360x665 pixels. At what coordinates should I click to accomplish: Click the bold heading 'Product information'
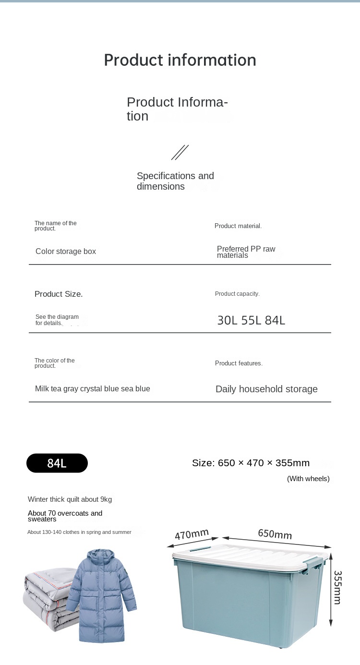click(x=180, y=60)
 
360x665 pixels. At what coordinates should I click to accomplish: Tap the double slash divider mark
click(x=180, y=153)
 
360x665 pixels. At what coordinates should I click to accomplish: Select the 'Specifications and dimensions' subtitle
click(x=175, y=181)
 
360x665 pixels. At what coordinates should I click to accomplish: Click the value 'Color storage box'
click(x=66, y=252)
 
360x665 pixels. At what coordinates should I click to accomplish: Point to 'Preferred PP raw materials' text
click(x=246, y=252)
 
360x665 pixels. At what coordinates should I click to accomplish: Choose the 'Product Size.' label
click(x=59, y=294)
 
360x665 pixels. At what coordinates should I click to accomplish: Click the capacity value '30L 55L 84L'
click(x=251, y=320)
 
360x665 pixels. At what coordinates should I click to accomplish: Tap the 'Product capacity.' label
click(x=237, y=294)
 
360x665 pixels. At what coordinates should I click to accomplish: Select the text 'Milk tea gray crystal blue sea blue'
click(x=93, y=389)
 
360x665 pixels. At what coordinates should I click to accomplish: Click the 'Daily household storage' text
click(x=266, y=389)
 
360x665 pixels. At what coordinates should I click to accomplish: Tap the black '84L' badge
click(x=57, y=463)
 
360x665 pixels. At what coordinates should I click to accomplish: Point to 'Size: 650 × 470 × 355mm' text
click(x=251, y=463)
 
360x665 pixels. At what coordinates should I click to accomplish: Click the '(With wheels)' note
click(x=308, y=479)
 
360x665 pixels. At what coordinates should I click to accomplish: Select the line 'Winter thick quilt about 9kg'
click(x=70, y=499)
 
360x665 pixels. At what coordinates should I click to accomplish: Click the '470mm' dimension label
click(x=192, y=534)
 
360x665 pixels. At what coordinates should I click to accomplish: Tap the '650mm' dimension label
click(x=275, y=534)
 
